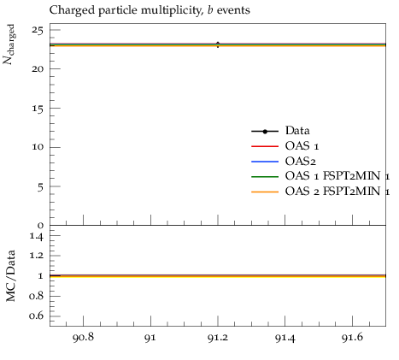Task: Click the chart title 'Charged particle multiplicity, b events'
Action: [150, 10]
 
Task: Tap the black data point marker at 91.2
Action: [218, 44]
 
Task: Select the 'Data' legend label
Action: [297, 131]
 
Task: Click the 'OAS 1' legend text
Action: [302, 146]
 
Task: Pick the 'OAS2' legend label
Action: [301, 162]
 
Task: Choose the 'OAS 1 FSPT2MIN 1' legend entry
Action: [337, 176]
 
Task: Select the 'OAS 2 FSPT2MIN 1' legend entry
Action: [337, 192]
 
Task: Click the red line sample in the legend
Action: [265, 146]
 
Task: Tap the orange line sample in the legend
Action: [265, 192]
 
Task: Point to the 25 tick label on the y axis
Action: [38, 30]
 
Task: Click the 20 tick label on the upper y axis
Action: [38, 69]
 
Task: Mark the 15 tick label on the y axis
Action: [38, 109]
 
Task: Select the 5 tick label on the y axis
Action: [41, 187]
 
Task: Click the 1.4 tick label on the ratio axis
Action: [37, 236]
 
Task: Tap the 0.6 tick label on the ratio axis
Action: [37, 316]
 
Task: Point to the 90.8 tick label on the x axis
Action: [83, 338]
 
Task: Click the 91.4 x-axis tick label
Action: [285, 338]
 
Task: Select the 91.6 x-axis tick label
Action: [352, 338]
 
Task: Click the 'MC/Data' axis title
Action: [10, 275]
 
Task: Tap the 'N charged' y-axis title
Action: [9, 44]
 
